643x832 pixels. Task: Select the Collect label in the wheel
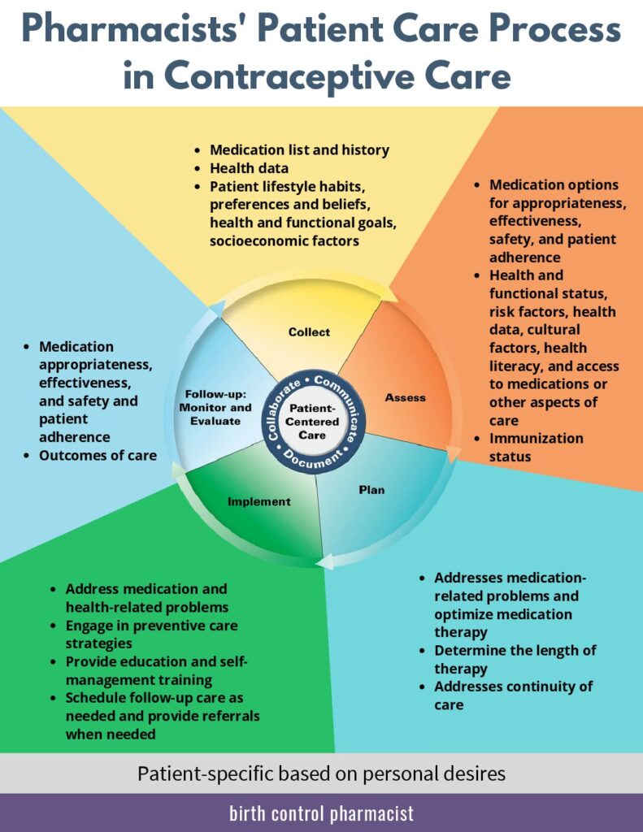(x=309, y=332)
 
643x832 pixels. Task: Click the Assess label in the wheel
(x=405, y=397)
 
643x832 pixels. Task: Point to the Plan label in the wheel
(x=371, y=490)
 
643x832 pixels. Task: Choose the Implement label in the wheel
(x=259, y=502)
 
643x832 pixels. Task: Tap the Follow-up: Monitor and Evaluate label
(x=215, y=408)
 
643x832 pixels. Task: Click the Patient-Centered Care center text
(x=312, y=422)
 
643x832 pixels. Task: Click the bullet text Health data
(x=249, y=168)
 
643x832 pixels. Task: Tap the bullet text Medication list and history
(x=299, y=150)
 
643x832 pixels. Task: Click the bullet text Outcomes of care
(x=98, y=455)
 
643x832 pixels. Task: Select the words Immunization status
(x=537, y=448)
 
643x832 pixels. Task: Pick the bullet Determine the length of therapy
(x=515, y=660)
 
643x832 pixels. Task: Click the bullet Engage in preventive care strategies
(x=151, y=635)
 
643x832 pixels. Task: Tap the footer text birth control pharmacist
(x=321, y=813)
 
